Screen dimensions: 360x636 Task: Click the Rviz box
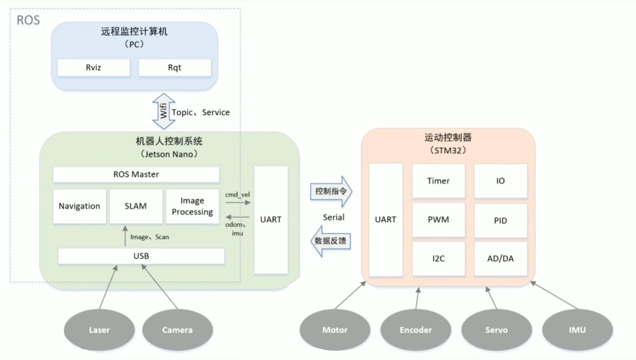pyautogui.click(x=93, y=68)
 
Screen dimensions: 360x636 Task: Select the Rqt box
pyautogui.click(x=175, y=68)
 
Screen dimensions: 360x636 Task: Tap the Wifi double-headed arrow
pyautogui.click(x=164, y=111)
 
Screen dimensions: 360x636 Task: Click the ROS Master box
pyautogui.click(x=136, y=174)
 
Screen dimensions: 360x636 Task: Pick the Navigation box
pyautogui.click(x=79, y=206)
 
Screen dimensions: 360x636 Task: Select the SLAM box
pyautogui.click(x=136, y=206)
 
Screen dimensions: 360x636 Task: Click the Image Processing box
pyautogui.click(x=192, y=206)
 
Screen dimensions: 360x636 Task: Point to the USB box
pyautogui.click(x=141, y=256)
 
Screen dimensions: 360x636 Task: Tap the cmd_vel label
pyautogui.click(x=237, y=195)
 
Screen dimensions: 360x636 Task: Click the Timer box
pyautogui.click(x=438, y=181)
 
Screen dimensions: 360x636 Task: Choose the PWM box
pyautogui.click(x=438, y=220)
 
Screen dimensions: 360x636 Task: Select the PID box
pyautogui.click(x=500, y=221)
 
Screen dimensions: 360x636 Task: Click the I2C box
pyautogui.click(x=438, y=259)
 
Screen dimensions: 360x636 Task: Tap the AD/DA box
pyautogui.click(x=500, y=259)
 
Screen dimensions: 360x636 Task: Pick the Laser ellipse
pyautogui.click(x=99, y=330)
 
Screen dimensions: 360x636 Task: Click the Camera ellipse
pyautogui.click(x=178, y=330)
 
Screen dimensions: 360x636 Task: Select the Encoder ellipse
pyautogui.click(x=416, y=330)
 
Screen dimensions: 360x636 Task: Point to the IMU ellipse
pyautogui.click(x=577, y=330)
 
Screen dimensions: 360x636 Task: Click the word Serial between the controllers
pyautogui.click(x=333, y=218)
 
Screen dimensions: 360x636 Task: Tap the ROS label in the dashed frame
pyautogui.click(x=28, y=20)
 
